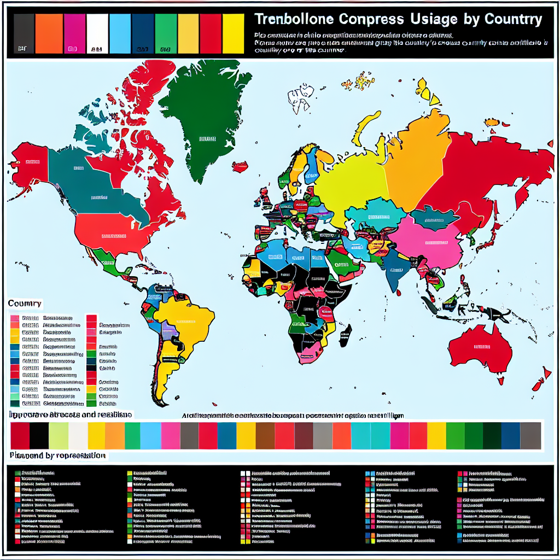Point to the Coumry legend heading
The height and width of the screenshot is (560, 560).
25,303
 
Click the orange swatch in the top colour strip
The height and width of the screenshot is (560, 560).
49,34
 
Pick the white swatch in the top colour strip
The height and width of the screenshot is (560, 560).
97,34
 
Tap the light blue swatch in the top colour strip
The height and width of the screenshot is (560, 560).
120,34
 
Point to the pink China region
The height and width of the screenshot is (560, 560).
432,241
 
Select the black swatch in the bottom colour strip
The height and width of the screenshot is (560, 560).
39,436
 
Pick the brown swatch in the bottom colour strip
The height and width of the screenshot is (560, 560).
264,436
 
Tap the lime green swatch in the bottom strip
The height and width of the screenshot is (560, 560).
59,436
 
